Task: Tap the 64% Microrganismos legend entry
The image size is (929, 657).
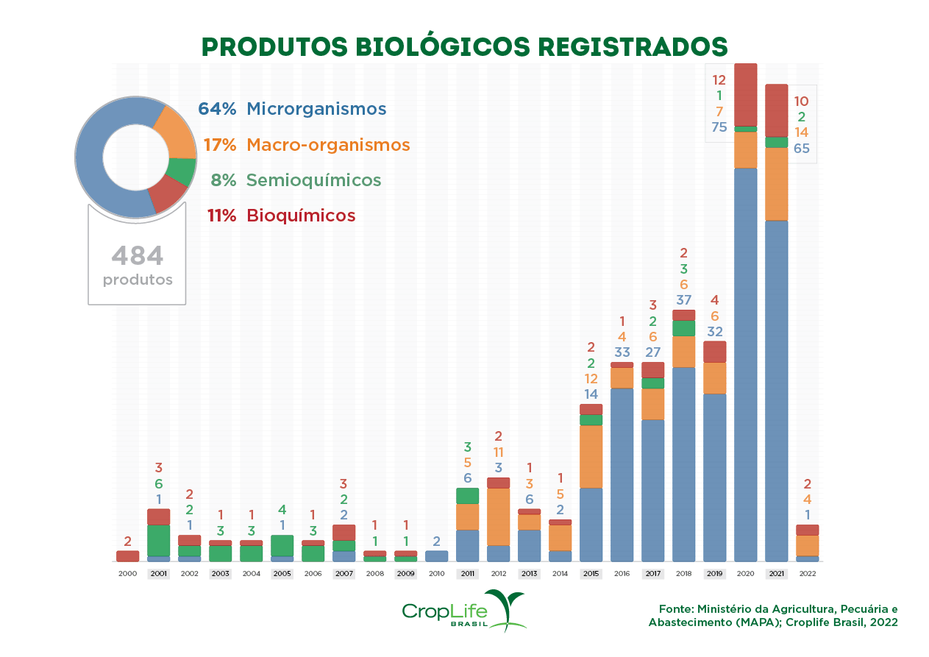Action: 292,109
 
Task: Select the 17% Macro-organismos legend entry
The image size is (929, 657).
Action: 307,145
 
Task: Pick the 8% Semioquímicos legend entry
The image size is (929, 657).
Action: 296,180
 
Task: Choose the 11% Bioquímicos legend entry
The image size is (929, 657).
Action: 282,216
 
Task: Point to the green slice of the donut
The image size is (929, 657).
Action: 182,172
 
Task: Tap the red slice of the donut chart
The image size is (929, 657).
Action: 167,195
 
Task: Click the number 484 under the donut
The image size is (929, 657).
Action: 138,257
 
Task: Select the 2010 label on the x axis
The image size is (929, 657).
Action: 436,574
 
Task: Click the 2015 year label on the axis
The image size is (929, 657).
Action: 591,574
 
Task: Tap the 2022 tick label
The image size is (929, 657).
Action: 807,574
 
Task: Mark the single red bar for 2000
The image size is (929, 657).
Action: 127,556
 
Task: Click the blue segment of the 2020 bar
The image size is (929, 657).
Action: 745,364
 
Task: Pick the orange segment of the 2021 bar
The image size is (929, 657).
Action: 776,184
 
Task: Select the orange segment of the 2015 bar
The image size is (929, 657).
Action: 591,456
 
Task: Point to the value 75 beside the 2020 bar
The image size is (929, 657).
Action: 719,127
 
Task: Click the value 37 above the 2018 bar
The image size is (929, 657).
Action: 683,300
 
